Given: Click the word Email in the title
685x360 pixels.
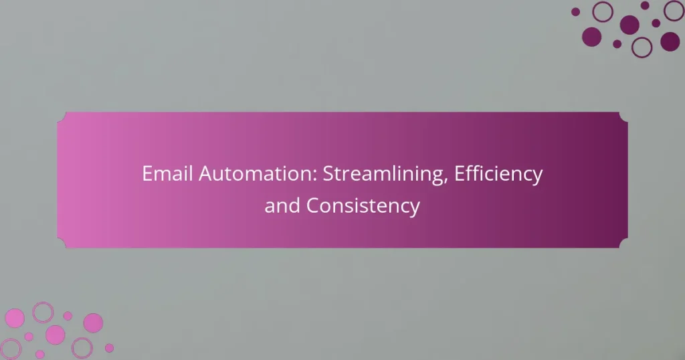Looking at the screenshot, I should pos(163,175).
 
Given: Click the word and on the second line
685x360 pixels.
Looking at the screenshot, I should pos(282,206).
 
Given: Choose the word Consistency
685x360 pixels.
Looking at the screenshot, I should pos(363,206).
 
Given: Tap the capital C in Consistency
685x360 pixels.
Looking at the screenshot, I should pos(312,206).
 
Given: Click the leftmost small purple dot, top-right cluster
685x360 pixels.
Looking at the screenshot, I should pos(575,11).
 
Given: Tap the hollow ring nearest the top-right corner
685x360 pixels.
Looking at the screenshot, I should pos(673,11).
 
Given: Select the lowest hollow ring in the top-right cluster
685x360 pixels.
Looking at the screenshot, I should pos(642,46).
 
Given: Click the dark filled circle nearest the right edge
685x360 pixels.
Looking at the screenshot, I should pos(670,41).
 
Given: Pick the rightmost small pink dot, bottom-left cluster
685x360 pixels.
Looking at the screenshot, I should pos(109,348).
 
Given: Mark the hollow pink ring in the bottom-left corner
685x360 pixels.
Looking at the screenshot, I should pos(11,349).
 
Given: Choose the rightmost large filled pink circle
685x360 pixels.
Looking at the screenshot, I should pos(93,323).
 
